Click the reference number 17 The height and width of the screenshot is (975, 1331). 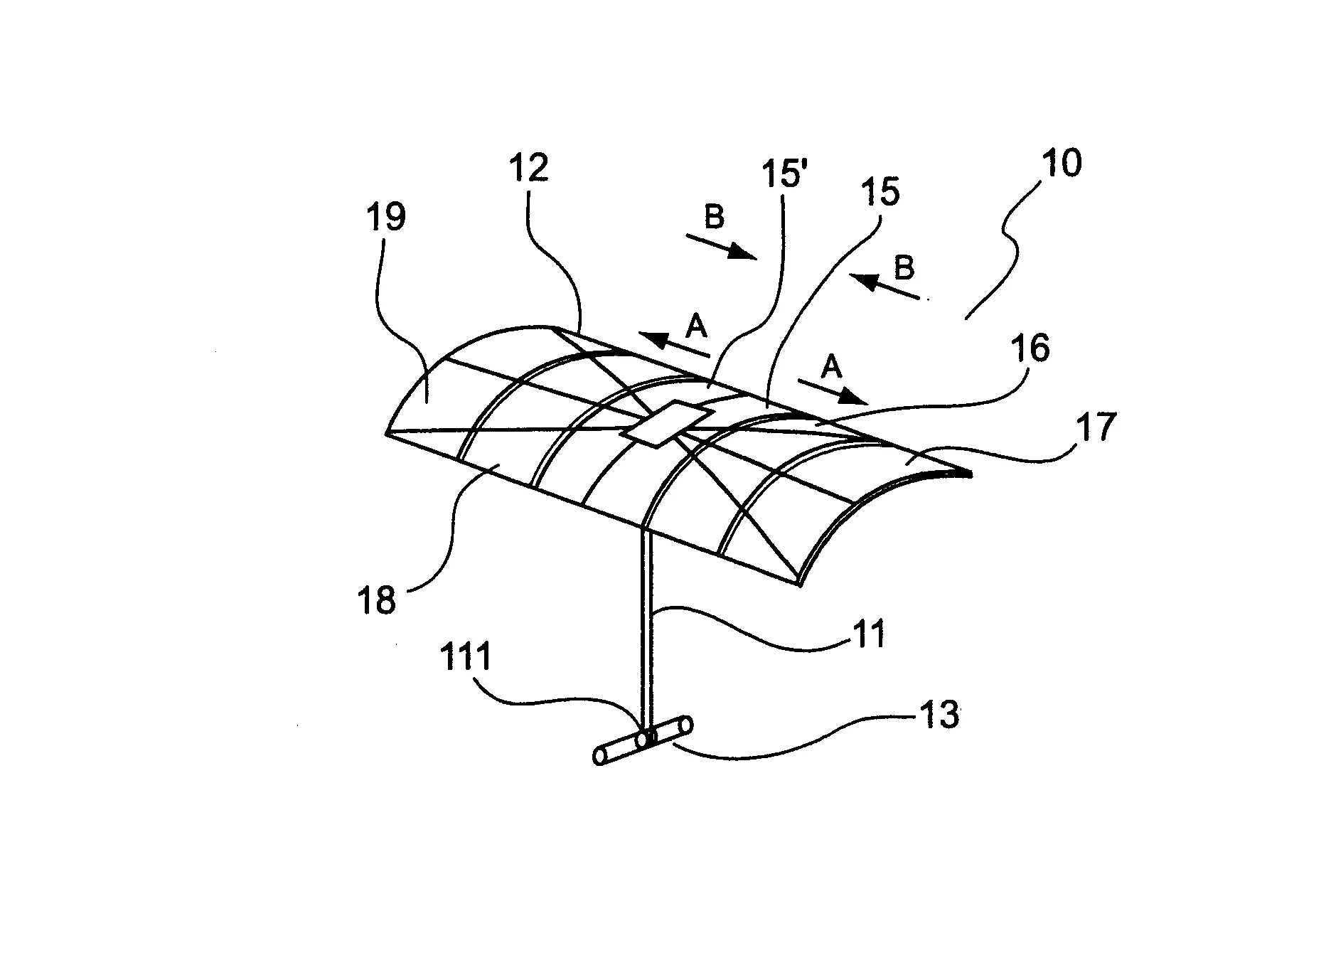point(1096,427)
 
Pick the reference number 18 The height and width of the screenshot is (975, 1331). point(376,600)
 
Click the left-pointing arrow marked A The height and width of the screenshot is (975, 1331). point(673,343)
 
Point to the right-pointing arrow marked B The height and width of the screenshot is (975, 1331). point(722,246)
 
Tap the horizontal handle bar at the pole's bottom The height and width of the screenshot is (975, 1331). point(643,740)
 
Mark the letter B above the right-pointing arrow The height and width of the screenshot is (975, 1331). point(714,217)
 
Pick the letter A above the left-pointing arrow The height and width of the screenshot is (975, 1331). point(696,326)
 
